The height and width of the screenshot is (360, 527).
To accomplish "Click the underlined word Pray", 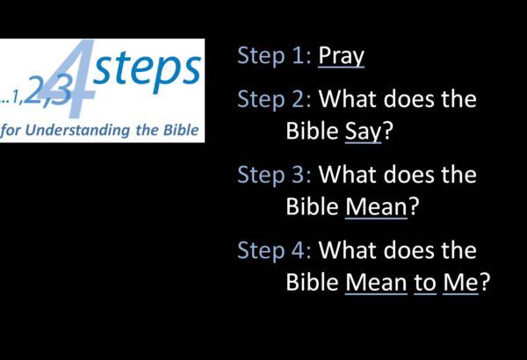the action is click(341, 56).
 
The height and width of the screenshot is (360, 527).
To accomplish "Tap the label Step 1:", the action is click(275, 56).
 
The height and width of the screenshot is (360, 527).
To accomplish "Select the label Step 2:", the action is click(275, 100).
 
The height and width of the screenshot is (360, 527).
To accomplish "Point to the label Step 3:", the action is click(275, 176).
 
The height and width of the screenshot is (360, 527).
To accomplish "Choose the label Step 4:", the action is click(275, 251).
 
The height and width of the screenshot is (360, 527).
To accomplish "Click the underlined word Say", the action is click(364, 132).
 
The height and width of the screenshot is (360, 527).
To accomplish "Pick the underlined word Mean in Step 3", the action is click(376, 206).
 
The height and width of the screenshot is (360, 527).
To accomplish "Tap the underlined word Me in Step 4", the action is click(460, 283).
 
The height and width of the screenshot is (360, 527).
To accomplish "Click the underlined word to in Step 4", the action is click(425, 283).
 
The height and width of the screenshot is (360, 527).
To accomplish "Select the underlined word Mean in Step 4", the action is click(376, 283).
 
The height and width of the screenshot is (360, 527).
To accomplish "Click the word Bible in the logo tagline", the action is click(181, 129).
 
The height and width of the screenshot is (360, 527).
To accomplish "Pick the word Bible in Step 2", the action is click(312, 131).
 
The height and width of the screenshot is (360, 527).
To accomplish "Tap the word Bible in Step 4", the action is click(312, 282).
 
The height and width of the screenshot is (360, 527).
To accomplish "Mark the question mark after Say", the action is click(388, 131).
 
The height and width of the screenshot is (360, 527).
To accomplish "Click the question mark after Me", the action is click(485, 282).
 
